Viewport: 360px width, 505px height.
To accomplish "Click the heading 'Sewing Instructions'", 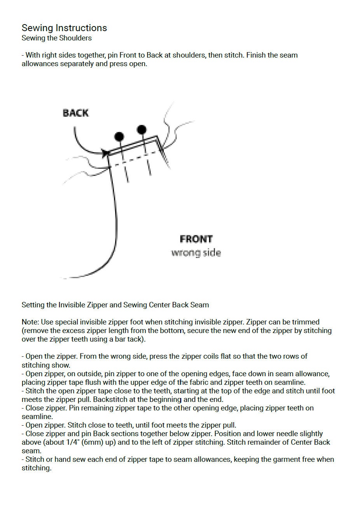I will click(x=64, y=28).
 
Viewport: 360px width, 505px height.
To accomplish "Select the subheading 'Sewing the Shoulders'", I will click(x=57, y=38).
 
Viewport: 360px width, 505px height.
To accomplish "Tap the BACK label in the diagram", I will click(x=76, y=113).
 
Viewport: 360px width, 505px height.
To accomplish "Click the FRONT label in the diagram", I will click(x=196, y=239).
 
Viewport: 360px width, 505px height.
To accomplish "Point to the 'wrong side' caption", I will click(x=196, y=253).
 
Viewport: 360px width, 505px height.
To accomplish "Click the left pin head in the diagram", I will click(x=119, y=136).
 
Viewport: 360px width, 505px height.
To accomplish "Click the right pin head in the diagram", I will click(x=142, y=129).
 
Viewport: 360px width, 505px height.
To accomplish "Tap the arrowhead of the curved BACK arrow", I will click(x=105, y=152).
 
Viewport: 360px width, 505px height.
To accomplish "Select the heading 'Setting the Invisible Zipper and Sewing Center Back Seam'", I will click(x=115, y=305).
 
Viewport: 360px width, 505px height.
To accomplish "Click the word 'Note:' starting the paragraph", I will click(x=30, y=322).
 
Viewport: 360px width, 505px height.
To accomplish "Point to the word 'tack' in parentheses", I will click(x=136, y=339).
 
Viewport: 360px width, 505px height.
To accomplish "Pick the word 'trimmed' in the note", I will click(x=306, y=322).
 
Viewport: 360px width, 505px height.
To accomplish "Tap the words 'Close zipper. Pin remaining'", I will click(x=63, y=408).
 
